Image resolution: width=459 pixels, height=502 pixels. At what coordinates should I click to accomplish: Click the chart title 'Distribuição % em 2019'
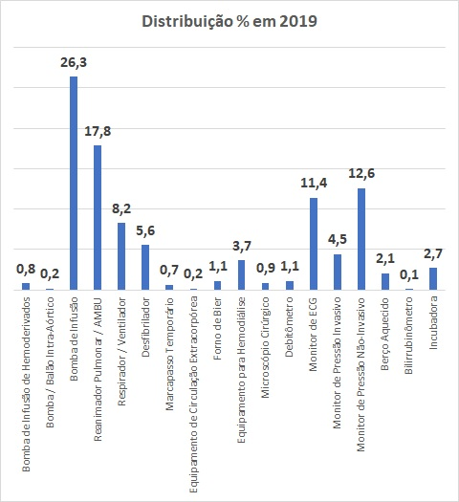229,21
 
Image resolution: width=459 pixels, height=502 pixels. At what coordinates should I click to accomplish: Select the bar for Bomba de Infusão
74,184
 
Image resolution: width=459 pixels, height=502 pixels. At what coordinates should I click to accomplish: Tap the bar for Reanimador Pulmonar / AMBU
98,218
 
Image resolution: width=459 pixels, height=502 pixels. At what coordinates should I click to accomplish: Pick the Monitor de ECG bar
314,244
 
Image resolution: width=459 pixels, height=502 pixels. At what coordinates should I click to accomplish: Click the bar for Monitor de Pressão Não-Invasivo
361,239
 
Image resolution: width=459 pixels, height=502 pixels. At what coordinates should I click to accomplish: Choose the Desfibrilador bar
145,268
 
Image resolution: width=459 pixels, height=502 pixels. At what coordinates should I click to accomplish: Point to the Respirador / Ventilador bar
121,256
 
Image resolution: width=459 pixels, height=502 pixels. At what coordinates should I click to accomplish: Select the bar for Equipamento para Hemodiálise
241,275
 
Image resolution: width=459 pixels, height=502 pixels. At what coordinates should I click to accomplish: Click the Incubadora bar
433,279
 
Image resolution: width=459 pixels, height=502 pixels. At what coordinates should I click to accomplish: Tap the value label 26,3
74,63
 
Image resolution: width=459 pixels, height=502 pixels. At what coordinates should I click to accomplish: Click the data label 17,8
98,132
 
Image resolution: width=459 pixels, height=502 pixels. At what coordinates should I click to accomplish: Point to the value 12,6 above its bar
361,173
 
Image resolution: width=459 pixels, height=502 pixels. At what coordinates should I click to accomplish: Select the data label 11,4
314,184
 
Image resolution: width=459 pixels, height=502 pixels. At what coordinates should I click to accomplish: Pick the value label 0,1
409,274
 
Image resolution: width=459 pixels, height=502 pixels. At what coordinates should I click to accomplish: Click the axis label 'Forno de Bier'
218,329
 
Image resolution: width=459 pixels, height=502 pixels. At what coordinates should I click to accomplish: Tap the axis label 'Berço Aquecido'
385,334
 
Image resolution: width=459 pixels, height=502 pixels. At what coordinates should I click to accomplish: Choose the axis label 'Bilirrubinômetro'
408,336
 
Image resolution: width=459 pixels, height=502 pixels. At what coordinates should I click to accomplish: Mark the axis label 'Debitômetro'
290,327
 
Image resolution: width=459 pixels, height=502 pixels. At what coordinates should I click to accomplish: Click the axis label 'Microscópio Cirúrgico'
265,348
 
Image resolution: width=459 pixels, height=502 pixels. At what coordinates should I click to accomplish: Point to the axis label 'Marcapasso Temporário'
169,354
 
